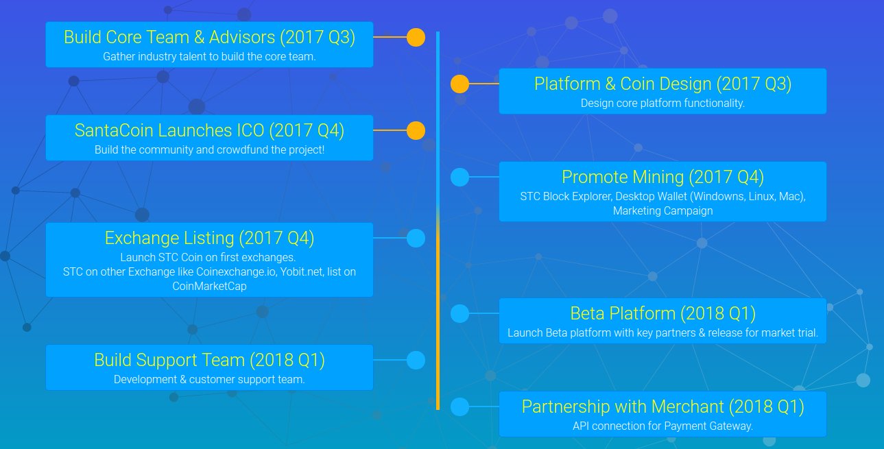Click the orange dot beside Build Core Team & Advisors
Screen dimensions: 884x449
point(416,38)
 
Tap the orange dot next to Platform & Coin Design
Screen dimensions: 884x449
point(459,84)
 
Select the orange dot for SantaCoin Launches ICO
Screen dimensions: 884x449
point(416,131)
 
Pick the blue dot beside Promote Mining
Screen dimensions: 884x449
point(459,177)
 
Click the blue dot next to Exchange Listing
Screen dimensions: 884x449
point(416,239)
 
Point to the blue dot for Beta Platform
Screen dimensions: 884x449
point(459,314)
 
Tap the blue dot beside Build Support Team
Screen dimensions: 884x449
point(416,360)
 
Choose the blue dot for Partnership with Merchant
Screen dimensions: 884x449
point(459,406)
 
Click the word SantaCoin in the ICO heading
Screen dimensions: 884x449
point(114,131)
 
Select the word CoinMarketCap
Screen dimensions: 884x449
point(210,286)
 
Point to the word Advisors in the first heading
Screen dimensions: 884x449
point(242,38)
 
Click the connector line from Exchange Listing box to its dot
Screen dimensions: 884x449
point(390,238)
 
